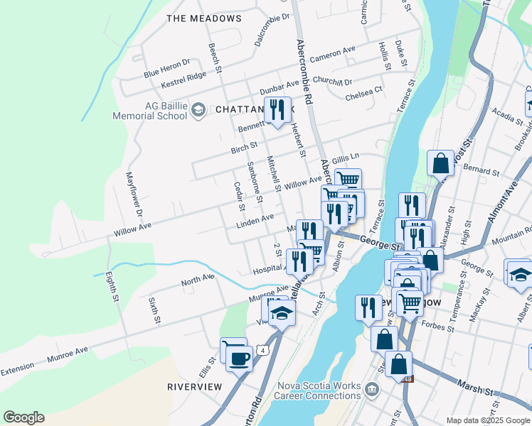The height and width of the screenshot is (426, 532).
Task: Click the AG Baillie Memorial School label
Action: [x=156, y=111]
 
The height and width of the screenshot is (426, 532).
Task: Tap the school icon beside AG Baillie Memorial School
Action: [x=198, y=109]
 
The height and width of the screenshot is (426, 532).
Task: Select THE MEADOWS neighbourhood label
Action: [x=203, y=18]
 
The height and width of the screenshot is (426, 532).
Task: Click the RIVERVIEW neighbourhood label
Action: [x=194, y=387]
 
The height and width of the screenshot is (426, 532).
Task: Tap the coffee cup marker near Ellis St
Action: [x=238, y=357]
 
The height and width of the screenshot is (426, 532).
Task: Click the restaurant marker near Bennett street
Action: [x=277, y=110]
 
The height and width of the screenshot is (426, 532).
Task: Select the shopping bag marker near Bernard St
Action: [x=441, y=163]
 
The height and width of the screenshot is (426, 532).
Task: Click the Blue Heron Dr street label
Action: [x=166, y=68]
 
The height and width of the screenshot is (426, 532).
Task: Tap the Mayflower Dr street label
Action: [x=134, y=193]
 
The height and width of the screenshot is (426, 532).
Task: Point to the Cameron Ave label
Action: [x=332, y=53]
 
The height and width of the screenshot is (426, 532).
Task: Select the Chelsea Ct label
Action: [x=364, y=94]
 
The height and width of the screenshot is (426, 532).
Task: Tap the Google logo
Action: [x=23, y=417]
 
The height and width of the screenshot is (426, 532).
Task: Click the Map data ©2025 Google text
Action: [x=488, y=420]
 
